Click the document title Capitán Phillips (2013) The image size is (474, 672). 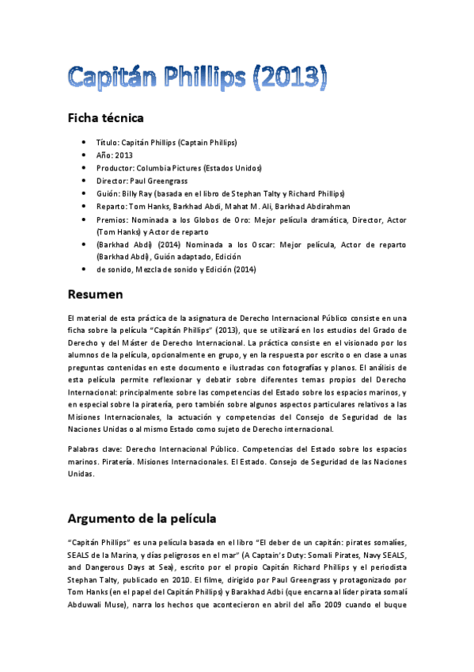click(x=197, y=76)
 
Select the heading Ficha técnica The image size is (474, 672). click(x=105, y=118)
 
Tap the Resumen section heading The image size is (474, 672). click(x=95, y=294)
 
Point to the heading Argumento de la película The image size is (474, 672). click(x=142, y=519)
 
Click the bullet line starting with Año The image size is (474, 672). click(x=115, y=155)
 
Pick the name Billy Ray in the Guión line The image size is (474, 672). click(x=138, y=193)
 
